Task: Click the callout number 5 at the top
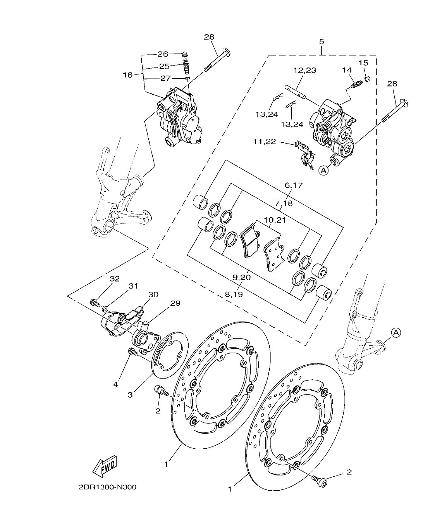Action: click(322, 41)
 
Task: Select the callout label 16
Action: click(128, 75)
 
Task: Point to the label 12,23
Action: click(304, 70)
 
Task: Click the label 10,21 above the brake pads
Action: click(275, 220)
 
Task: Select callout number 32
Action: click(115, 278)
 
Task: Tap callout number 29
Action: click(175, 303)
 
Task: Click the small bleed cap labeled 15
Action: click(368, 78)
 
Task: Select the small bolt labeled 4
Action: click(133, 352)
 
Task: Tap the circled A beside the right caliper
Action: click(324, 169)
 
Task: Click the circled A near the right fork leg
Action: click(395, 332)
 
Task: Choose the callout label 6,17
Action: click(294, 185)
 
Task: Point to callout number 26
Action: click(163, 54)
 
